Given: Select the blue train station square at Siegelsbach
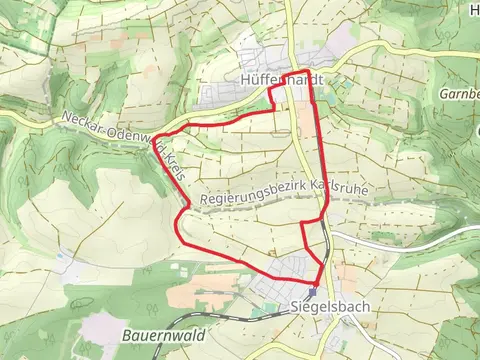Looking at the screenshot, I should pyautogui.click(x=312, y=292).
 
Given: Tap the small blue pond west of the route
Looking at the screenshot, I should pyautogui.click(x=62, y=256).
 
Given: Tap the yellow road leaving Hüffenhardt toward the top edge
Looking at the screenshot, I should pyautogui.click(x=288, y=30).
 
